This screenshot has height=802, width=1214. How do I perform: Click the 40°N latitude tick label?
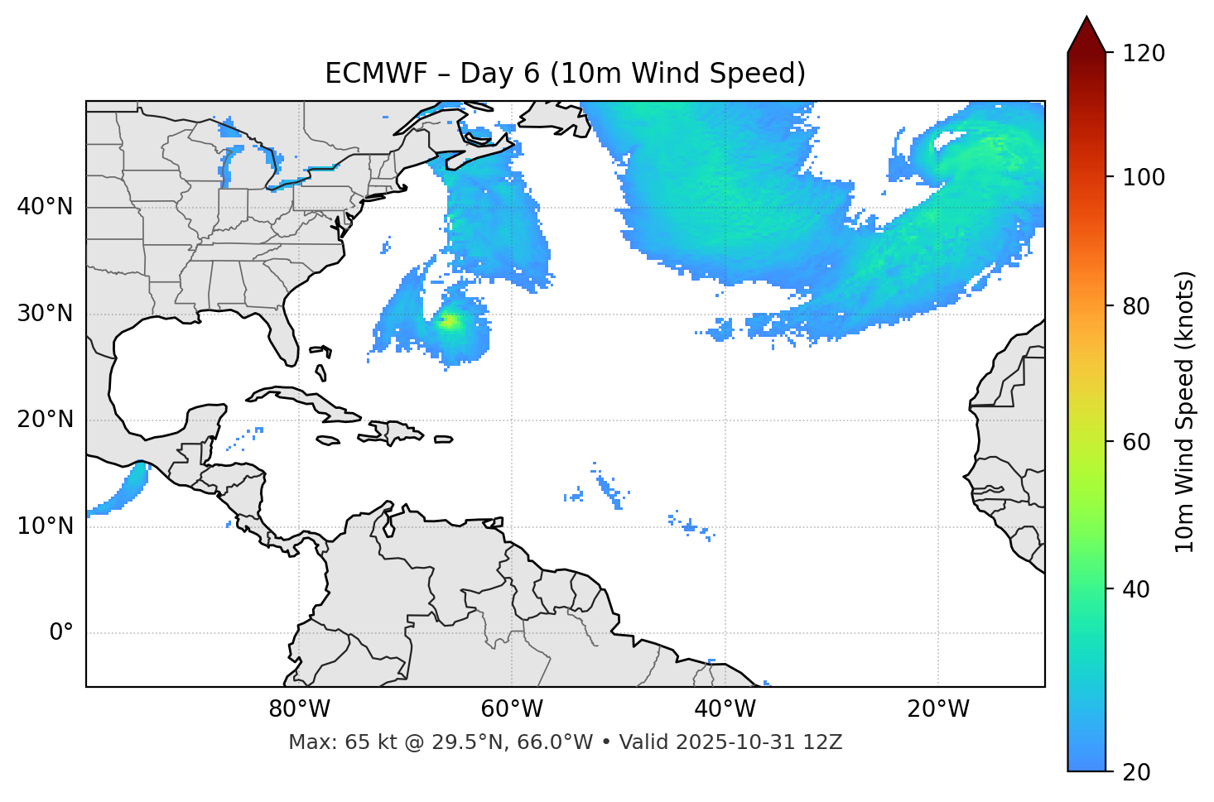tap(45, 207)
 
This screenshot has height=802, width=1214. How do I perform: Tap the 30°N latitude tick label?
tap(45, 314)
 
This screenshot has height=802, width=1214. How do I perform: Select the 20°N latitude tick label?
tap(45, 420)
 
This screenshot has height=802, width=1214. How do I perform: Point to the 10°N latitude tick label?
tap(45, 526)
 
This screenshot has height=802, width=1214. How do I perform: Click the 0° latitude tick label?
tap(61, 633)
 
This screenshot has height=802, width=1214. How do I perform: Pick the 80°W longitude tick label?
tap(299, 709)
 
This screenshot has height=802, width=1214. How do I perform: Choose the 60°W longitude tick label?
tap(512, 709)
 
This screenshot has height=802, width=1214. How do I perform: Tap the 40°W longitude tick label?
tap(725, 709)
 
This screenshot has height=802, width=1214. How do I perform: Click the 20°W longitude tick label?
tap(938, 709)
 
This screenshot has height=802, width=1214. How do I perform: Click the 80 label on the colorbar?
tap(1139, 306)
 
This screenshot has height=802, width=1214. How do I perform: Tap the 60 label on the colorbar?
tap(1139, 442)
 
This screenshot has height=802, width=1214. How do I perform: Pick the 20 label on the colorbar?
tap(1139, 772)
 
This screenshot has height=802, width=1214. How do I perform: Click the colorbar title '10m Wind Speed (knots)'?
tap(1185, 411)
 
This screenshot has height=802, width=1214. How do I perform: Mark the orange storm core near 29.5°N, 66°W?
tap(448, 321)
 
